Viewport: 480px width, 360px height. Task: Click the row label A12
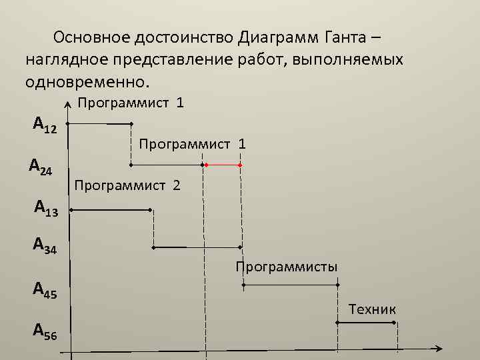(45, 125)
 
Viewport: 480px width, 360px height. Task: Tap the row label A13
(46, 209)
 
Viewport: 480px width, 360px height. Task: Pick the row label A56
(45, 330)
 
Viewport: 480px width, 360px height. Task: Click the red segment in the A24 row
(223, 164)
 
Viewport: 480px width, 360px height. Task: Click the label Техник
(372, 309)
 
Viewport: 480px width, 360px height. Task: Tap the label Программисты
(286, 267)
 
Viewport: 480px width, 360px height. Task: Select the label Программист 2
(127, 185)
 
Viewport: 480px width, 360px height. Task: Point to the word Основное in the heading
(93, 36)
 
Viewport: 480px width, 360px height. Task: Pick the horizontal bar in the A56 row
(367, 323)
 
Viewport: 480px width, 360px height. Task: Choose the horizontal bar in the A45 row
(290, 285)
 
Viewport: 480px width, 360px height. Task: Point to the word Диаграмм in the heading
(280, 36)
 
